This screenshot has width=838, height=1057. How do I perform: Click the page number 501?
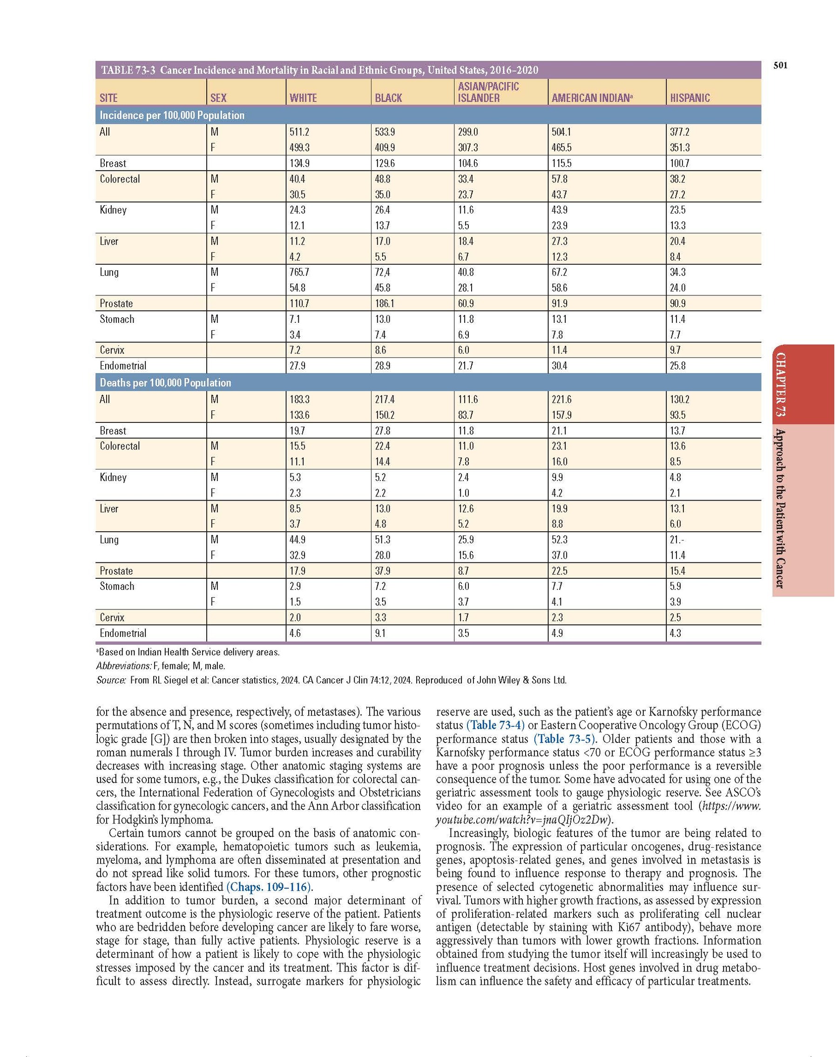[780, 65]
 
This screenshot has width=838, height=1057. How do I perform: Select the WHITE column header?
[303, 98]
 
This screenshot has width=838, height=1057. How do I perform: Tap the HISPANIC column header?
[690, 98]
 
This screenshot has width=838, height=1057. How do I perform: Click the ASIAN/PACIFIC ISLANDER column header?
[488, 92]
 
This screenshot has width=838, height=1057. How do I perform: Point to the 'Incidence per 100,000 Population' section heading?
[172, 116]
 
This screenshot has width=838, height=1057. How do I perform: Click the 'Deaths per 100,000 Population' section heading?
[165, 383]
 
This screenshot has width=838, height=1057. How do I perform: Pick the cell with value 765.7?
[299, 272]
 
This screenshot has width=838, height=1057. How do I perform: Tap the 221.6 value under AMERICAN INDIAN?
[562, 400]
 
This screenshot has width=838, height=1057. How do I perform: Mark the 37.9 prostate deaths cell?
[383, 571]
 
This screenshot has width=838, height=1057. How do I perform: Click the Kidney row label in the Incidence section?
[113, 210]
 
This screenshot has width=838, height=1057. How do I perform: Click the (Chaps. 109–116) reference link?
[270, 887]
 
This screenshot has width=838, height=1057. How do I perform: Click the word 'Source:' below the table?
[111, 680]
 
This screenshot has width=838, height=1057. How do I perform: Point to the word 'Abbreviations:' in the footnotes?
[124, 666]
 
